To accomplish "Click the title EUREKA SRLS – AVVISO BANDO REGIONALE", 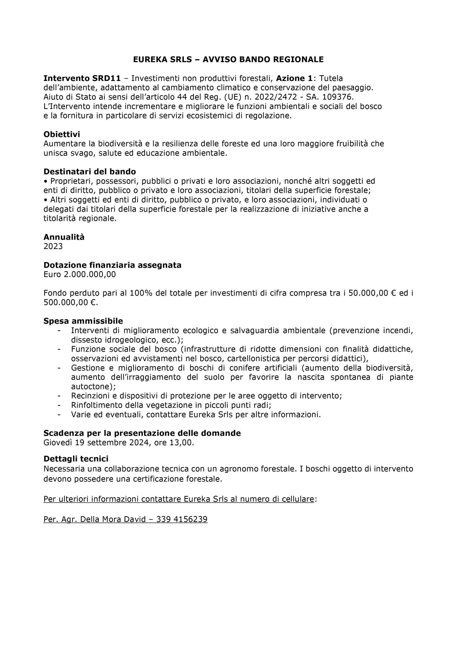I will [228, 59].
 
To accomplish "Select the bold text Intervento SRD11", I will [82, 78].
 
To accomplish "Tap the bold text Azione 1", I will [294, 78].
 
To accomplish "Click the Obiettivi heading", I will [62, 134].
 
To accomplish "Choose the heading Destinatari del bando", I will [90, 172].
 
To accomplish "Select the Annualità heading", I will [64, 237].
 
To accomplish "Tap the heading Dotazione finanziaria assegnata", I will [112, 265].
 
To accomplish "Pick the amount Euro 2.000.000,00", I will [80, 274].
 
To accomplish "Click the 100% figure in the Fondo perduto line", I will [141, 293].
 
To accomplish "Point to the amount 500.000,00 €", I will [70, 303].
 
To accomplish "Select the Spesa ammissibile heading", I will [83, 321].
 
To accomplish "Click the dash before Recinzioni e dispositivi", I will [59, 396].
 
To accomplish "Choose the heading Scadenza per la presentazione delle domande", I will [142, 433].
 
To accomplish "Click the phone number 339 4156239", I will [182, 519].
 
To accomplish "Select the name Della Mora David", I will [113, 519].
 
